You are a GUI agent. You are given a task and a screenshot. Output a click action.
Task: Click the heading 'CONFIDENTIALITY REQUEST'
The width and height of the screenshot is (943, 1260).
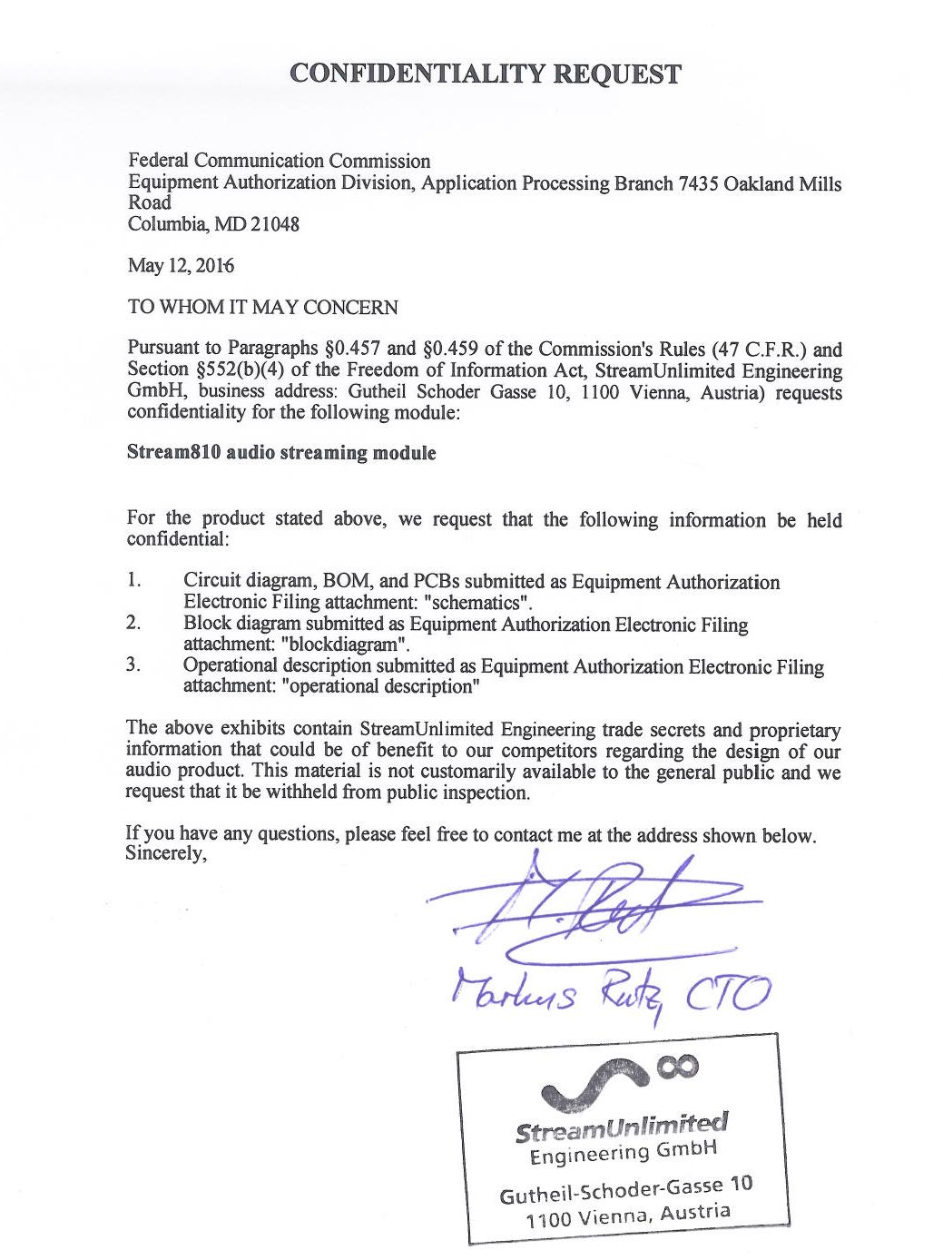(x=485, y=74)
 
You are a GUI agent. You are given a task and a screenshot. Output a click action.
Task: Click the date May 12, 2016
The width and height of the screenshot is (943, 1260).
(x=181, y=266)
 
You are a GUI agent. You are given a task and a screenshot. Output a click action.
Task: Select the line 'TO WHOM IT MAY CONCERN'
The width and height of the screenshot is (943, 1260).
(x=262, y=307)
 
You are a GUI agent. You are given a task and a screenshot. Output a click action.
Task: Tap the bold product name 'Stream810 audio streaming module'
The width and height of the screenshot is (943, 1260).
(x=281, y=452)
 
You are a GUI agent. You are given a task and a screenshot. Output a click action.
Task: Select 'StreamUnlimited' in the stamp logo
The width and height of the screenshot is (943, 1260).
(x=621, y=1128)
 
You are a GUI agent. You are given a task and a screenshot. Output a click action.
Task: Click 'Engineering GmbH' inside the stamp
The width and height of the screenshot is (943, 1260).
(x=624, y=1154)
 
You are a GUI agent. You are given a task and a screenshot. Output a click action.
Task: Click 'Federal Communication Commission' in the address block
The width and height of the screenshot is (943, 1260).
(x=279, y=162)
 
